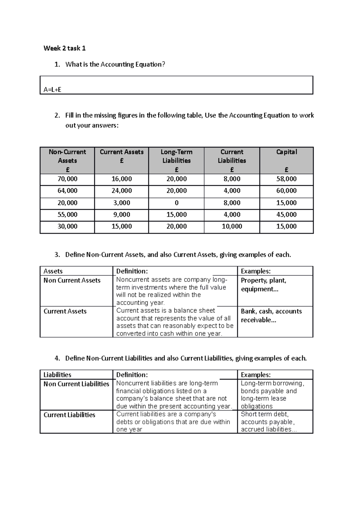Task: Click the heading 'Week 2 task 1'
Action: (x=64, y=48)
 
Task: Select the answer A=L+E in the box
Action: (x=52, y=90)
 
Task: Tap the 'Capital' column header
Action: (x=286, y=152)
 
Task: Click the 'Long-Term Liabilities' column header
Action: (x=176, y=156)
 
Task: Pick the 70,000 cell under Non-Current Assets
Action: (x=67, y=179)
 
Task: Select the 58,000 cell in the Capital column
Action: (x=286, y=179)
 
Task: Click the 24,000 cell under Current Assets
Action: (x=121, y=191)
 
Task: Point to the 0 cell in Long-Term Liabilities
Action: (x=176, y=203)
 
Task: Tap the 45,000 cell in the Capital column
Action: (x=286, y=215)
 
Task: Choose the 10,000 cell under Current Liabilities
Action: (x=232, y=226)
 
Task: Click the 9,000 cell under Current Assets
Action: (x=121, y=215)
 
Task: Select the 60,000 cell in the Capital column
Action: (x=286, y=191)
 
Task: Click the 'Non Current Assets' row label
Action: (x=72, y=281)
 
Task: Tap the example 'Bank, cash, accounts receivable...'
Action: (x=271, y=315)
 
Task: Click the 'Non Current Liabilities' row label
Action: (x=76, y=384)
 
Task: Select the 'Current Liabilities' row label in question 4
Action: (x=69, y=415)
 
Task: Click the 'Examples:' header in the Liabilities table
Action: (x=256, y=375)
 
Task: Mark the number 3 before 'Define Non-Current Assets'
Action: (x=57, y=255)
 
